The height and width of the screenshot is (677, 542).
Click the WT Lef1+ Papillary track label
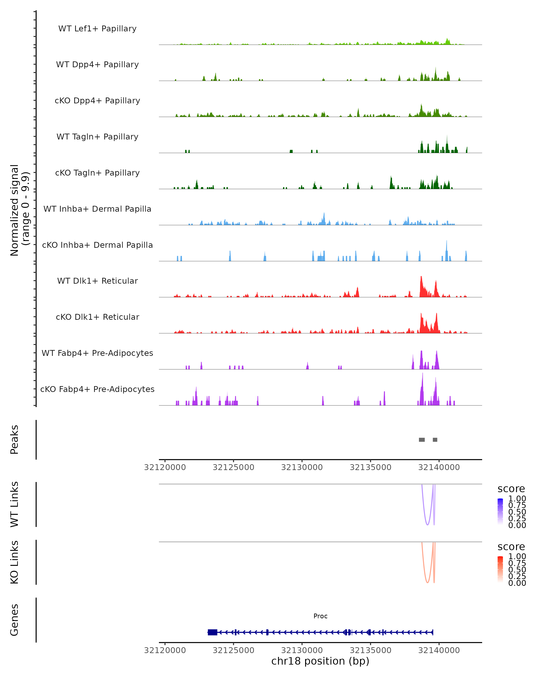click(x=97, y=29)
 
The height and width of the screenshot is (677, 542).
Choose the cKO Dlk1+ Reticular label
click(x=97, y=317)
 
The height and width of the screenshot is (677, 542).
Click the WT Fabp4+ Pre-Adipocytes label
click(x=97, y=353)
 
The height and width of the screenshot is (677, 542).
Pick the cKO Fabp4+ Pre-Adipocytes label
click(x=97, y=389)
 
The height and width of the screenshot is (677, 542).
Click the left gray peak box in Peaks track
click(x=422, y=440)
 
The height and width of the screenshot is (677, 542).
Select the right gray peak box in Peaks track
click(x=435, y=440)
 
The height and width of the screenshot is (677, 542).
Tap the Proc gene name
click(x=320, y=616)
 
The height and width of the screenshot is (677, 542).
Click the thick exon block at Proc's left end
click(x=213, y=632)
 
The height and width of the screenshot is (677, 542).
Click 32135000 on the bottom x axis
click(x=370, y=650)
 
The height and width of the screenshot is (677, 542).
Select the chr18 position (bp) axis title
click(x=320, y=661)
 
